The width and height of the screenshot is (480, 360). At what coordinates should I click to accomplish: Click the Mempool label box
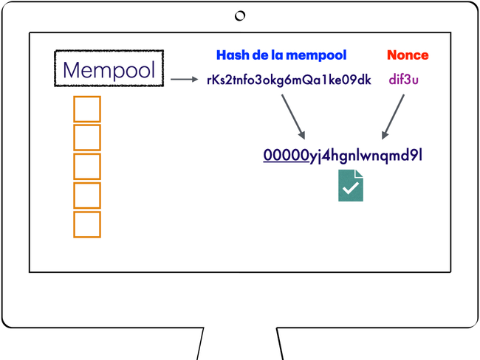(109, 69)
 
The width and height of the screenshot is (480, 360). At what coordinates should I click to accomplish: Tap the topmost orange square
(87, 109)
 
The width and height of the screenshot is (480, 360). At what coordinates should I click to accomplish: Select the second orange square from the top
(87, 138)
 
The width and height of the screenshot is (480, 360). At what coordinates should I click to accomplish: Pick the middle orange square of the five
(87, 167)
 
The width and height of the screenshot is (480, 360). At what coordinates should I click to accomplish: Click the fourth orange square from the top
(87, 195)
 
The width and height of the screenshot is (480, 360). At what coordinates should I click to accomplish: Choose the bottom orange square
(87, 224)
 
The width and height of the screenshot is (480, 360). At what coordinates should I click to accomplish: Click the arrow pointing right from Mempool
(184, 80)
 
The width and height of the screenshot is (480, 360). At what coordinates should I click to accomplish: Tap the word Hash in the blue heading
(231, 55)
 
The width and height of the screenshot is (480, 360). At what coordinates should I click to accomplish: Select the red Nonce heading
(408, 55)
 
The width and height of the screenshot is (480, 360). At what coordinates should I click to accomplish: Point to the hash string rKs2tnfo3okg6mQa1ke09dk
(289, 80)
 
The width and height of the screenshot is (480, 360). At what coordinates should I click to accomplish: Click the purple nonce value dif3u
(404, 80)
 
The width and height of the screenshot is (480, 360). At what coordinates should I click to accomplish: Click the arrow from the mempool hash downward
(293, 116)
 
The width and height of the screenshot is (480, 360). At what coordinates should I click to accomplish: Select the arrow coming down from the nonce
(393, 116)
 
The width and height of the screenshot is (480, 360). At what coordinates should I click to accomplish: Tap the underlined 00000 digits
(286, 155)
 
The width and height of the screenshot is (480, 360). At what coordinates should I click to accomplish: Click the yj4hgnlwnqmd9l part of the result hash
(366, 156)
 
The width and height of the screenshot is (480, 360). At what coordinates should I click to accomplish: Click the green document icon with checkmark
(351, 185)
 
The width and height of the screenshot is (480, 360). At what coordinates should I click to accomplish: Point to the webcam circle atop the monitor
(240, 15)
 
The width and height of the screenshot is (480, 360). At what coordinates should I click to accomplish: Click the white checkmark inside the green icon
(350, 188)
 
